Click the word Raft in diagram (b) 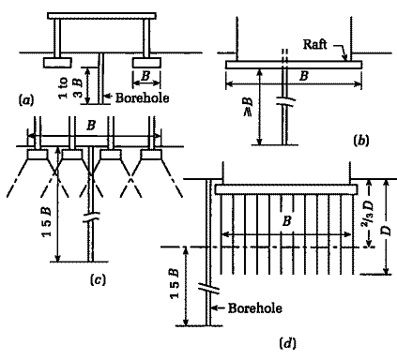click(318, 43)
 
